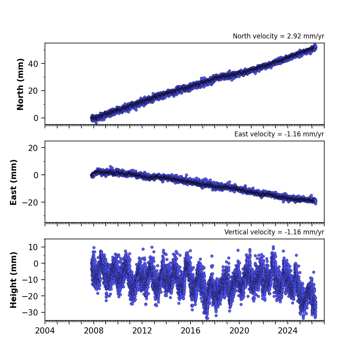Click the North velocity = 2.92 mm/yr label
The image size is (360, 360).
click(279, 36)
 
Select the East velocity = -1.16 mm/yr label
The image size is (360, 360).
click(279, 134)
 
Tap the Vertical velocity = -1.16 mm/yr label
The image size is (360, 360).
click(274, 232)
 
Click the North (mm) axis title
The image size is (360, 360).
click(20, 84)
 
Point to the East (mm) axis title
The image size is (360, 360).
click(13, 182)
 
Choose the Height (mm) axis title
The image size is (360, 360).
click(13, 280)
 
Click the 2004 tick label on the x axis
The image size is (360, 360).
click(45, 331)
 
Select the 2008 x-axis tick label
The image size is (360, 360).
click(94, 331)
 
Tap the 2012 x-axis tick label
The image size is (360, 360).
click(142, 331)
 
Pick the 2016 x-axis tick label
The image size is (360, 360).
click(191, 331)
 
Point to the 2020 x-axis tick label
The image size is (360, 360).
click(239, 331)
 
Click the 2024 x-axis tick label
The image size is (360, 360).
click(288, 331)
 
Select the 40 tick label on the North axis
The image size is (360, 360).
click(33, 64)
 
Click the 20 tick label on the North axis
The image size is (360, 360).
click(33, 91)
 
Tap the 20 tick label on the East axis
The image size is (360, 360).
click(33, 148)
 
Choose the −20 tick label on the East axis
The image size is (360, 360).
click(30, 202)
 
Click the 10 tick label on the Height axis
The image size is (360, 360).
click(33, 247)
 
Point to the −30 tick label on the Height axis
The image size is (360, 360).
click(30, 312)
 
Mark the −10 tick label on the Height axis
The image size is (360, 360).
click(30, 280)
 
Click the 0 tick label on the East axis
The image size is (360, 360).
click(36, 175)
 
